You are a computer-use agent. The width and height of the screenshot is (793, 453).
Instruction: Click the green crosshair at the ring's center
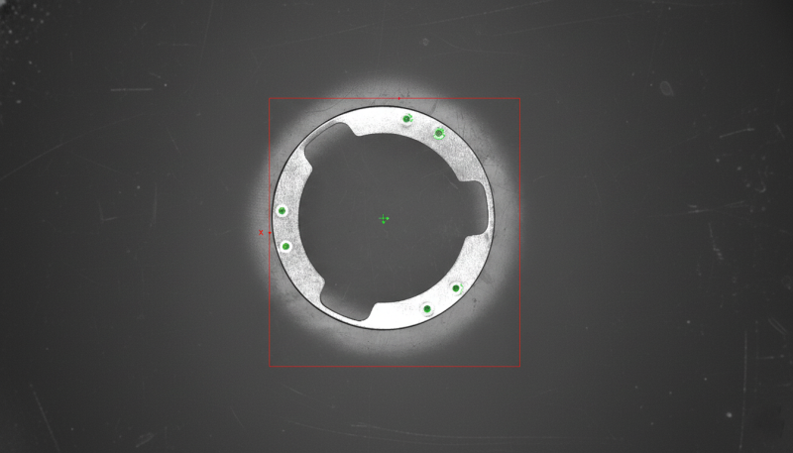[x=384, y=219]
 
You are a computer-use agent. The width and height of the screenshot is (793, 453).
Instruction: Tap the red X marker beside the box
[x=261, y=233]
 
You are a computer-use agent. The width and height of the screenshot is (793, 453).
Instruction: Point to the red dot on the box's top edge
[x=399, y=98]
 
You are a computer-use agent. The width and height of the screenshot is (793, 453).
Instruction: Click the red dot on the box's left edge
[x=270, y=233]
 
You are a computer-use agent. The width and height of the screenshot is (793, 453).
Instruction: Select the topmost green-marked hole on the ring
[x=407, y=119]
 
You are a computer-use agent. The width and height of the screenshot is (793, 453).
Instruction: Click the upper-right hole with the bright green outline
[x=439, y=134]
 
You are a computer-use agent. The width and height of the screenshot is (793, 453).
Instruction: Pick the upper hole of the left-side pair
[x=283, y=211]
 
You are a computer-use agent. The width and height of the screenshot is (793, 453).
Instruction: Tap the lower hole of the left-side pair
[x=285, y=246]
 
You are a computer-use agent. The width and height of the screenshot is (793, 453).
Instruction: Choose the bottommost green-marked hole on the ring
[x=427, y=309]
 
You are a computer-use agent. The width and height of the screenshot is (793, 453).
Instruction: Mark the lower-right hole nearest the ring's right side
[x=456, y=288]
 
